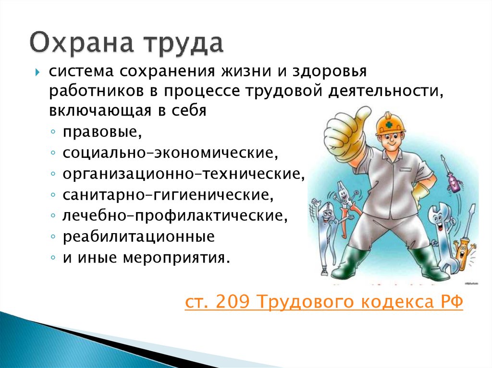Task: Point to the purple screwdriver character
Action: (x=453, y=177)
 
